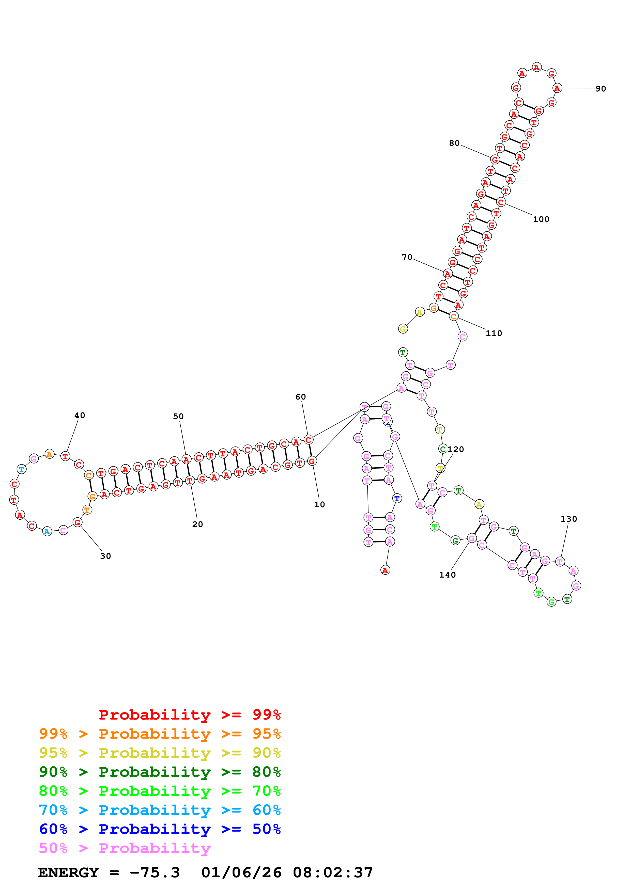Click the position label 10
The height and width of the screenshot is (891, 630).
pos(319,504)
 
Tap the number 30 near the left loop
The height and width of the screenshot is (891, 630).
pos(105,556)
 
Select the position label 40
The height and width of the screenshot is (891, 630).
pos(80,415)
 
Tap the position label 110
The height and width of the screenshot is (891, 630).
pos(494,333)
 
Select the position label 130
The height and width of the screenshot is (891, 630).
pos(569,519)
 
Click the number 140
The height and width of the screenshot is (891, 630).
pos(447,575)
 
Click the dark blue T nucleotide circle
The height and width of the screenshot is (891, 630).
pos(397,498)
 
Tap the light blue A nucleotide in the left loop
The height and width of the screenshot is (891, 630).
pos(47,531)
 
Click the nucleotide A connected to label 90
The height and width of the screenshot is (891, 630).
pos(557,88)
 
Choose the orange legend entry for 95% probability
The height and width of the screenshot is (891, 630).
pos(160,734)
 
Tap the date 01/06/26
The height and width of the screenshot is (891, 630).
pos(241,872)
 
